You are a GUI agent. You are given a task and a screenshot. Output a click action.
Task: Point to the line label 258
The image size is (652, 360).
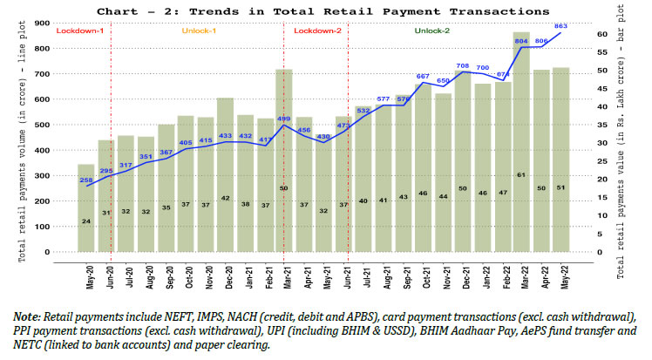point(87,180)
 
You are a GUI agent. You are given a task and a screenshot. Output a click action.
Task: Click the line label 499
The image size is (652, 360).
point(283,119)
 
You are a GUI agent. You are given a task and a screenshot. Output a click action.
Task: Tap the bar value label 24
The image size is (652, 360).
point(86,221)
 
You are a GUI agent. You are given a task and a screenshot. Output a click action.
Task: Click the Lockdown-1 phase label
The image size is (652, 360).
point(79,31)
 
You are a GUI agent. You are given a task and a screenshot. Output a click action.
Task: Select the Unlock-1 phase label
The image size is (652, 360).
point(200,31)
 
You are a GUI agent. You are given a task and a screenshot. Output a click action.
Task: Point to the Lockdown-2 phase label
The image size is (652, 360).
point(317,31)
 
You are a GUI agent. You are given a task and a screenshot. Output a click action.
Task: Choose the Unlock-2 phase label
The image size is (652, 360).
point(432,31)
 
